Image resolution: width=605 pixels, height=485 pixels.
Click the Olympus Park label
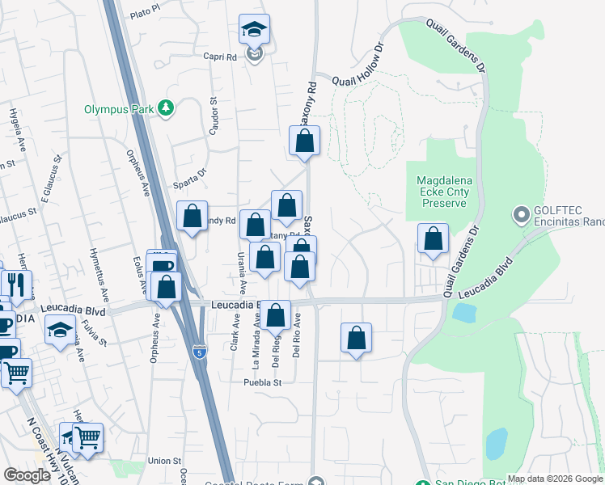tap(120, 108)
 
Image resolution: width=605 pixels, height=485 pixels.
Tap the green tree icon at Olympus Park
tap(166, 108)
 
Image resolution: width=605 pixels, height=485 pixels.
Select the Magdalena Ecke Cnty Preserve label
tap(442, 192)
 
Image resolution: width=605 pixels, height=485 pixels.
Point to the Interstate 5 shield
tap(200, 352)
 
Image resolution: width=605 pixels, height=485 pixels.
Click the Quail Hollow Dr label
tap(367, 75)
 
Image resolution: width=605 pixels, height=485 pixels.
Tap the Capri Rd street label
tap(219, 57)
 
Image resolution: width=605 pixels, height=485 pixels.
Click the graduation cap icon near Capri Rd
tap(254, 32)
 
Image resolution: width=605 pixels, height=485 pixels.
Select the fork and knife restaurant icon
tap(15, 285)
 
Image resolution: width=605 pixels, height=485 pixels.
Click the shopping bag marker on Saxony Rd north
tap(305, 141)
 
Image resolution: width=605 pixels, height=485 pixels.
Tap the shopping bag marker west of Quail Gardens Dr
tap(433, 239)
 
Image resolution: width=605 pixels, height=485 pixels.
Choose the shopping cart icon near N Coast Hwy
tap(87, 437)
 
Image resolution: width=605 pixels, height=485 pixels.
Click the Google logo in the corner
tap(27, 475)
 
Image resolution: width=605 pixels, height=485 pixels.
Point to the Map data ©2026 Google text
tap(555, 479)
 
